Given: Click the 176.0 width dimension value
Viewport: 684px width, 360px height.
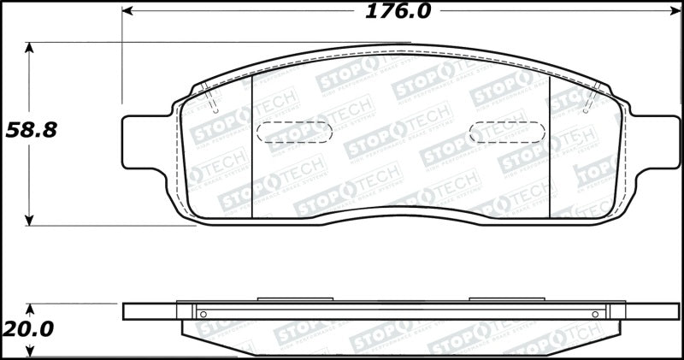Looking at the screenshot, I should [398, 12].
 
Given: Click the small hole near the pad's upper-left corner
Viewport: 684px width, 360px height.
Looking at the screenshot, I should [215, 110].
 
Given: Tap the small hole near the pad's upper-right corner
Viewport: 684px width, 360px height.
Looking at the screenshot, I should [587, 110].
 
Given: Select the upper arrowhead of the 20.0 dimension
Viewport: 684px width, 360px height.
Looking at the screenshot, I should [31, 308].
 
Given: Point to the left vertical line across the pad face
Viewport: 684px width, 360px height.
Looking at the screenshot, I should [254, 145].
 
